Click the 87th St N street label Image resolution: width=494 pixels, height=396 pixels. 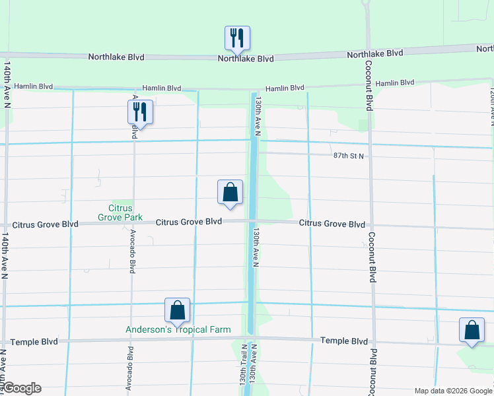click(348, 156)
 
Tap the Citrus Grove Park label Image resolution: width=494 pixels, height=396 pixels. click(116, 212)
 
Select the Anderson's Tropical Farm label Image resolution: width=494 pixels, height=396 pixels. click(179, 329)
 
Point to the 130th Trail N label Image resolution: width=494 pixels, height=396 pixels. click(243, 366)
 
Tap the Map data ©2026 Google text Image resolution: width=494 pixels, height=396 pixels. click(453, 391)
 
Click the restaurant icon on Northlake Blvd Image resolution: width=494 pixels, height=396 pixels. click(237, 38)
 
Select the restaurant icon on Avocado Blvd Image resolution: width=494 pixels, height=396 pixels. click(140, 112)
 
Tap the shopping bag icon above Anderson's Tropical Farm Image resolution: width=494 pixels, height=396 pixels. click(177, 310)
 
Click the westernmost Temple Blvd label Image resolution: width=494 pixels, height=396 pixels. click(31, 342)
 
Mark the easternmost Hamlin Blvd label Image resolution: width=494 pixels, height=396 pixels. click(395, 83)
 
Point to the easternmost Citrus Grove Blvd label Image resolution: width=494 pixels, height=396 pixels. click(332, 224)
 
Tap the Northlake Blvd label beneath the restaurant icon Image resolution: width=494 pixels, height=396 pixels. click(246, 59)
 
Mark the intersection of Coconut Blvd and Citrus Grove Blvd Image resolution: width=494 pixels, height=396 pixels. click(371, 225)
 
